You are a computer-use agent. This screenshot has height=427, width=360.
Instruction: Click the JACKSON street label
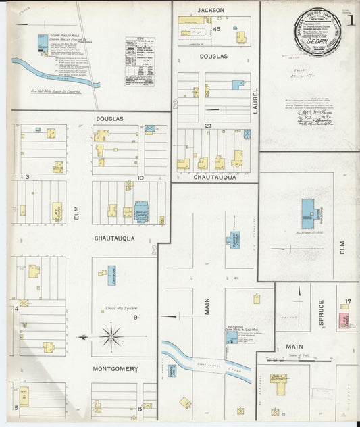[211, 10]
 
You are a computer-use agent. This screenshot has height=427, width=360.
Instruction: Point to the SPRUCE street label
[321, 313]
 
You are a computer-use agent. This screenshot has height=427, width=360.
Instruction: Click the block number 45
[217, 30]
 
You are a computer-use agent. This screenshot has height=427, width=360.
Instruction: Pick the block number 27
[209, 126]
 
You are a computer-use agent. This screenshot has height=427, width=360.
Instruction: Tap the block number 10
[140, 178]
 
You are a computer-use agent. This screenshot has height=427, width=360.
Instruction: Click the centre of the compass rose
[111, 335]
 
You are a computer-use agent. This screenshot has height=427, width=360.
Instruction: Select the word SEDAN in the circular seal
[316, 39]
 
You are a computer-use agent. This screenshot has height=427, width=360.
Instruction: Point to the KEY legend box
[140, 61]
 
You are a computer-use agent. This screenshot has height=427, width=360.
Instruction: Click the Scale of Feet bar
[310, 360]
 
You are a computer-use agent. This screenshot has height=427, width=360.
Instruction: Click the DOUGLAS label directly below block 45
[213, 57]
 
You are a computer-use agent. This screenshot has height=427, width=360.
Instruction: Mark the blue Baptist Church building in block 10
[141, 211]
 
